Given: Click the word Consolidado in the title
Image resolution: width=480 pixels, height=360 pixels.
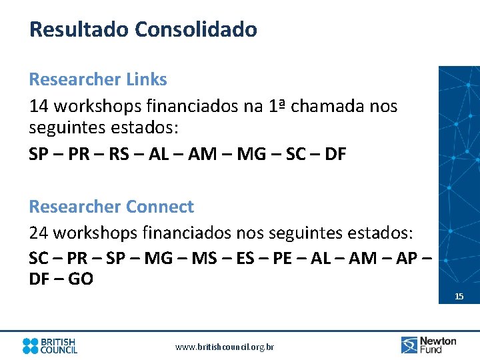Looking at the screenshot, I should [195, 29].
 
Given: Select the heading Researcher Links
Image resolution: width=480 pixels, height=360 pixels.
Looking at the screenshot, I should [98, 79].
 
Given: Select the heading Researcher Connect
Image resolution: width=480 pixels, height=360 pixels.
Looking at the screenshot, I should [111, 207].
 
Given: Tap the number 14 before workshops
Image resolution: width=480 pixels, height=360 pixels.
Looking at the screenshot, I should [39, 106].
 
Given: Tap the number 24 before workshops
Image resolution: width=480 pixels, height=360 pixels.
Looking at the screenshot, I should [39, 233].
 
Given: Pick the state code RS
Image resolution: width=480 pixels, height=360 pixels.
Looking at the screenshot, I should [119, 155].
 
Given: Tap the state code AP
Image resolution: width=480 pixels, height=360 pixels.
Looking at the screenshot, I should [406, 257].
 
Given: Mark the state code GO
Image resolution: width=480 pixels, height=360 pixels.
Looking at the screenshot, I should [81, 279].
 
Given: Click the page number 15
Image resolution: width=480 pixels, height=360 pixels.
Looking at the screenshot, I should [459, 296].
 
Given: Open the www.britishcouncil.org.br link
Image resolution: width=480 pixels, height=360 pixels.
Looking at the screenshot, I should [225, 347].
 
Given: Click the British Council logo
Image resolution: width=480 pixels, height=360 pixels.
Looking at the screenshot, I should [50, 345].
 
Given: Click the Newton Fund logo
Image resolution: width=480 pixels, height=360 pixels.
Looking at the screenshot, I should [429, 345].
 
